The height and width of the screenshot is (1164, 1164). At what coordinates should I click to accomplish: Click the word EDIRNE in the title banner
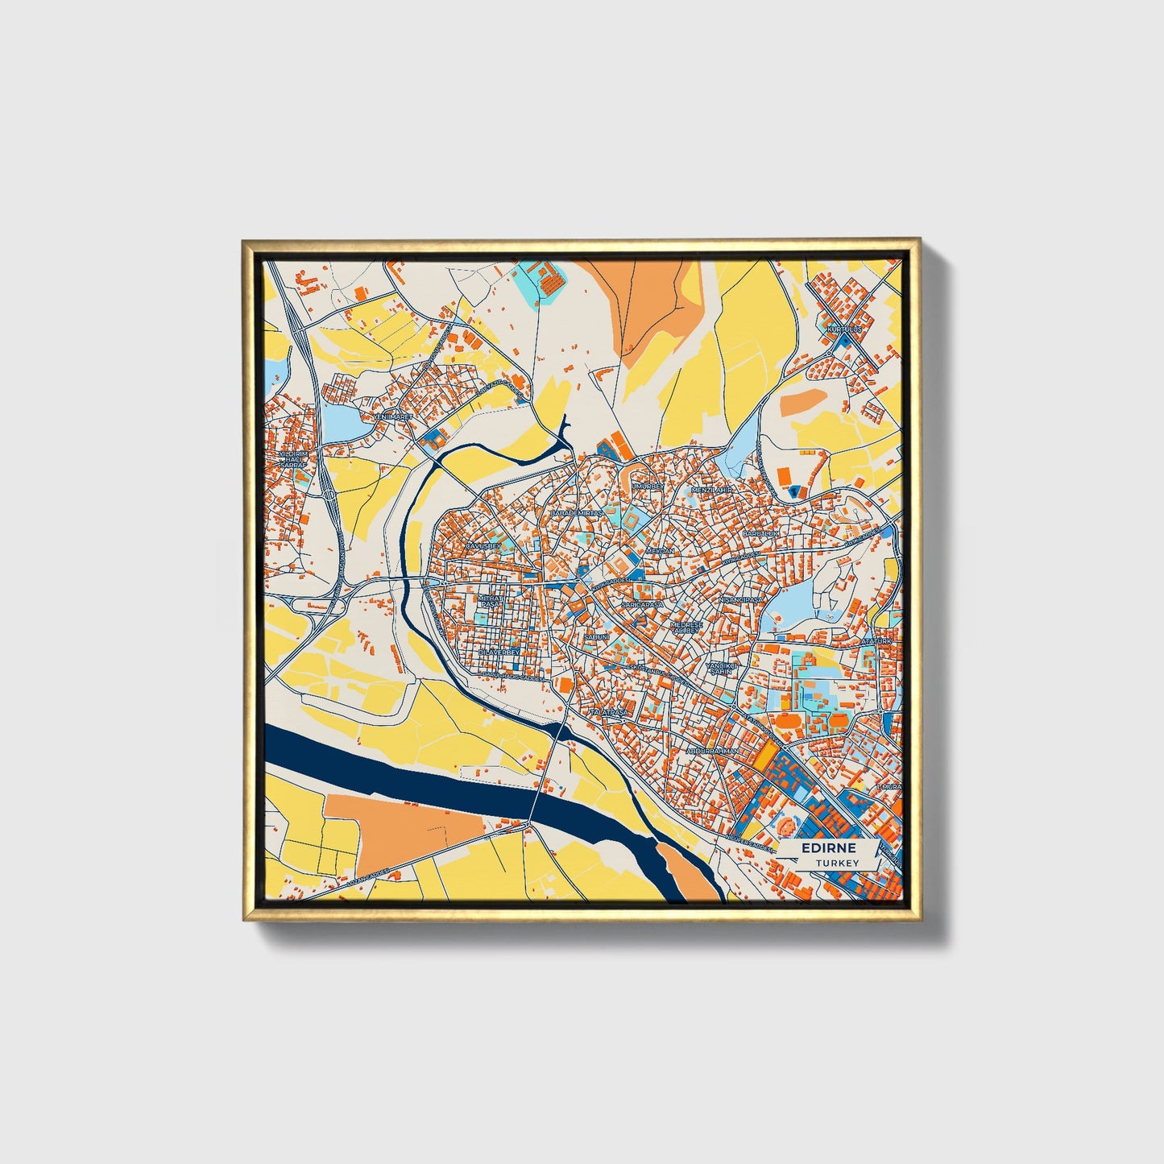pos(828,848)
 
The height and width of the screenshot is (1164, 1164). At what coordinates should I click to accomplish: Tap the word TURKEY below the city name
pos(837,863)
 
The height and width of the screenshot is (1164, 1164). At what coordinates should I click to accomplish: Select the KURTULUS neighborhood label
pos(843,329)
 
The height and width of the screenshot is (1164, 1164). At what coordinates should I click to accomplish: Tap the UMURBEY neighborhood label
pos(648,487)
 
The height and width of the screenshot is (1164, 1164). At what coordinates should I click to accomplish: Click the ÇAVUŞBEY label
pos(483,546)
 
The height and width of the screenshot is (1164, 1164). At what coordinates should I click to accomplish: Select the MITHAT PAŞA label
pos(490,602)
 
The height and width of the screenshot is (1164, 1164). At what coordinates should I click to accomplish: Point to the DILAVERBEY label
pos(495,652)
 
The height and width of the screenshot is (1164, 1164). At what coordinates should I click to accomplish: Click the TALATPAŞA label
pos(608,713)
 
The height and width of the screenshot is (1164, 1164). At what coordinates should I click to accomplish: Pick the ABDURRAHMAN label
pos(712,751)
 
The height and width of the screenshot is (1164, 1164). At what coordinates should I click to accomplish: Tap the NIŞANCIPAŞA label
pos(739,600)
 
